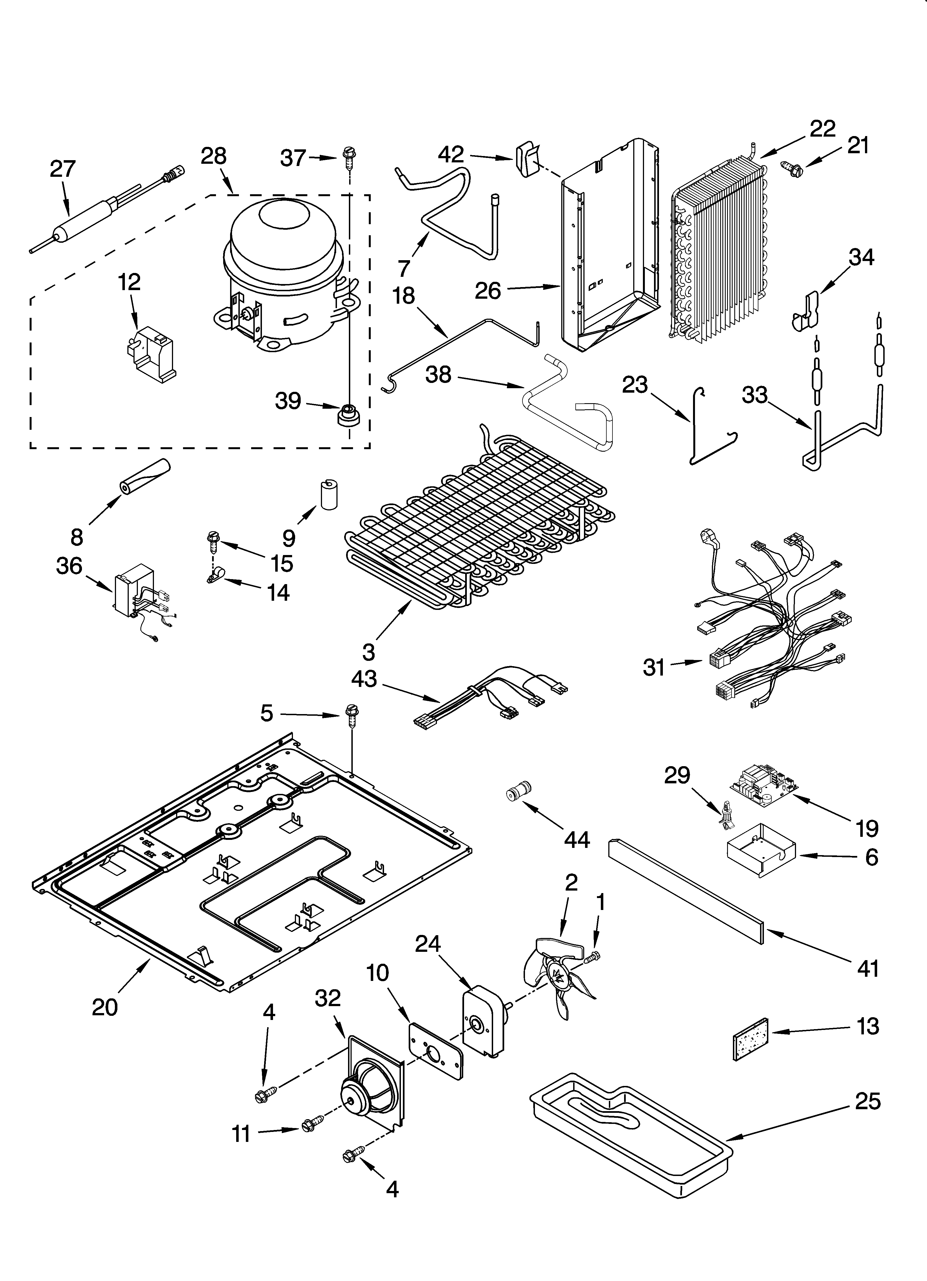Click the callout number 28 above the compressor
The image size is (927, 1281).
[213, 156]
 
